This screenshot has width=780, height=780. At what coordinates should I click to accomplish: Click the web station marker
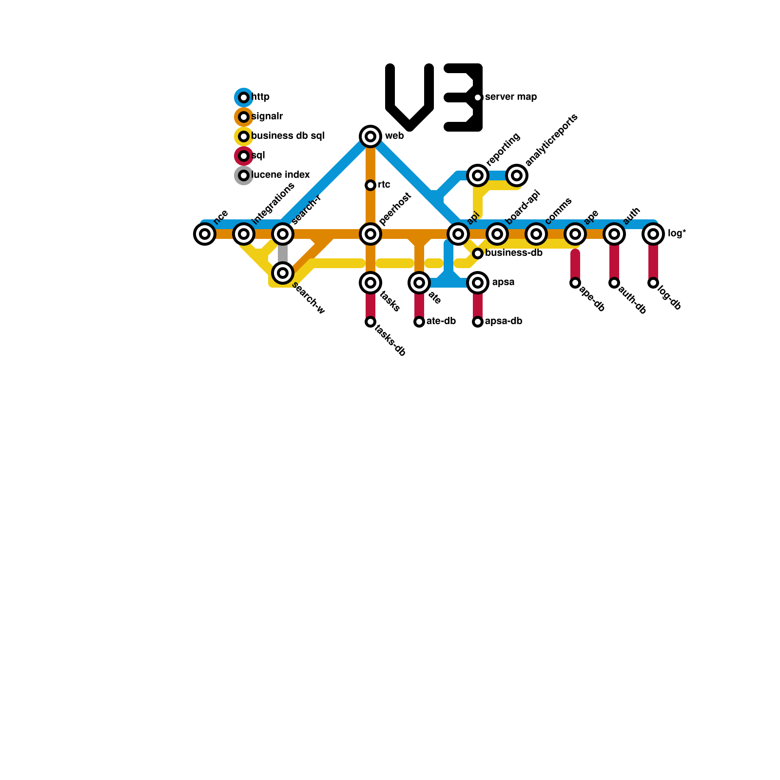click(370, 136)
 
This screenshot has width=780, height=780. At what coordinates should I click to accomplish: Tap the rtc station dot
click(370, 185)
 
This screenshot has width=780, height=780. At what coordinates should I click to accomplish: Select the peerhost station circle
click(370, 234)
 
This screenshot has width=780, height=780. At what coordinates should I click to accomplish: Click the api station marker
click(458, 234)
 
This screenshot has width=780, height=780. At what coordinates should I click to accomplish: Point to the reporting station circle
click(478, 175)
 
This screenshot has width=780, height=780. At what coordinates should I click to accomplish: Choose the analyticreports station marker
click(517, 175)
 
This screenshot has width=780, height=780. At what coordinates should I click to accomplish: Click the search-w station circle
click(283, 273)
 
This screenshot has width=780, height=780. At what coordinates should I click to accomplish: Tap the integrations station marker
click(244, 234)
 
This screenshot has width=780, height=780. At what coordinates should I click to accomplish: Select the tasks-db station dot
click(370, 322)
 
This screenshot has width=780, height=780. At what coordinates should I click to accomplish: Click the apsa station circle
click(478, 283)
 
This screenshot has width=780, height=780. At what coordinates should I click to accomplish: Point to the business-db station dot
click(478, 253)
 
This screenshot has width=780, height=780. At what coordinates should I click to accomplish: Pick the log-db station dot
click(653, 283)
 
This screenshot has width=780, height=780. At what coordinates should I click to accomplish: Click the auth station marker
click(614, 234)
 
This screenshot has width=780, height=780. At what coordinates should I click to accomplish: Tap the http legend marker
click(244, 97)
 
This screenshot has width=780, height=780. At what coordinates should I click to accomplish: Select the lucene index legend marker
click(244, 175)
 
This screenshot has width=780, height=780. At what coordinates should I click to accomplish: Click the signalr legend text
click(267, 117)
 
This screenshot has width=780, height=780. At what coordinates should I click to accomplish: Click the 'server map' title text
click(511, 97)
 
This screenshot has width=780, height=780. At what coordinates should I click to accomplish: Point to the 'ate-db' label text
click(441, 321)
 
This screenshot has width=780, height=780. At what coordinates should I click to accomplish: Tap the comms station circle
click(536, 234)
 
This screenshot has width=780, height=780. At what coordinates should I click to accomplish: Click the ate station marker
click(419, 283)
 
